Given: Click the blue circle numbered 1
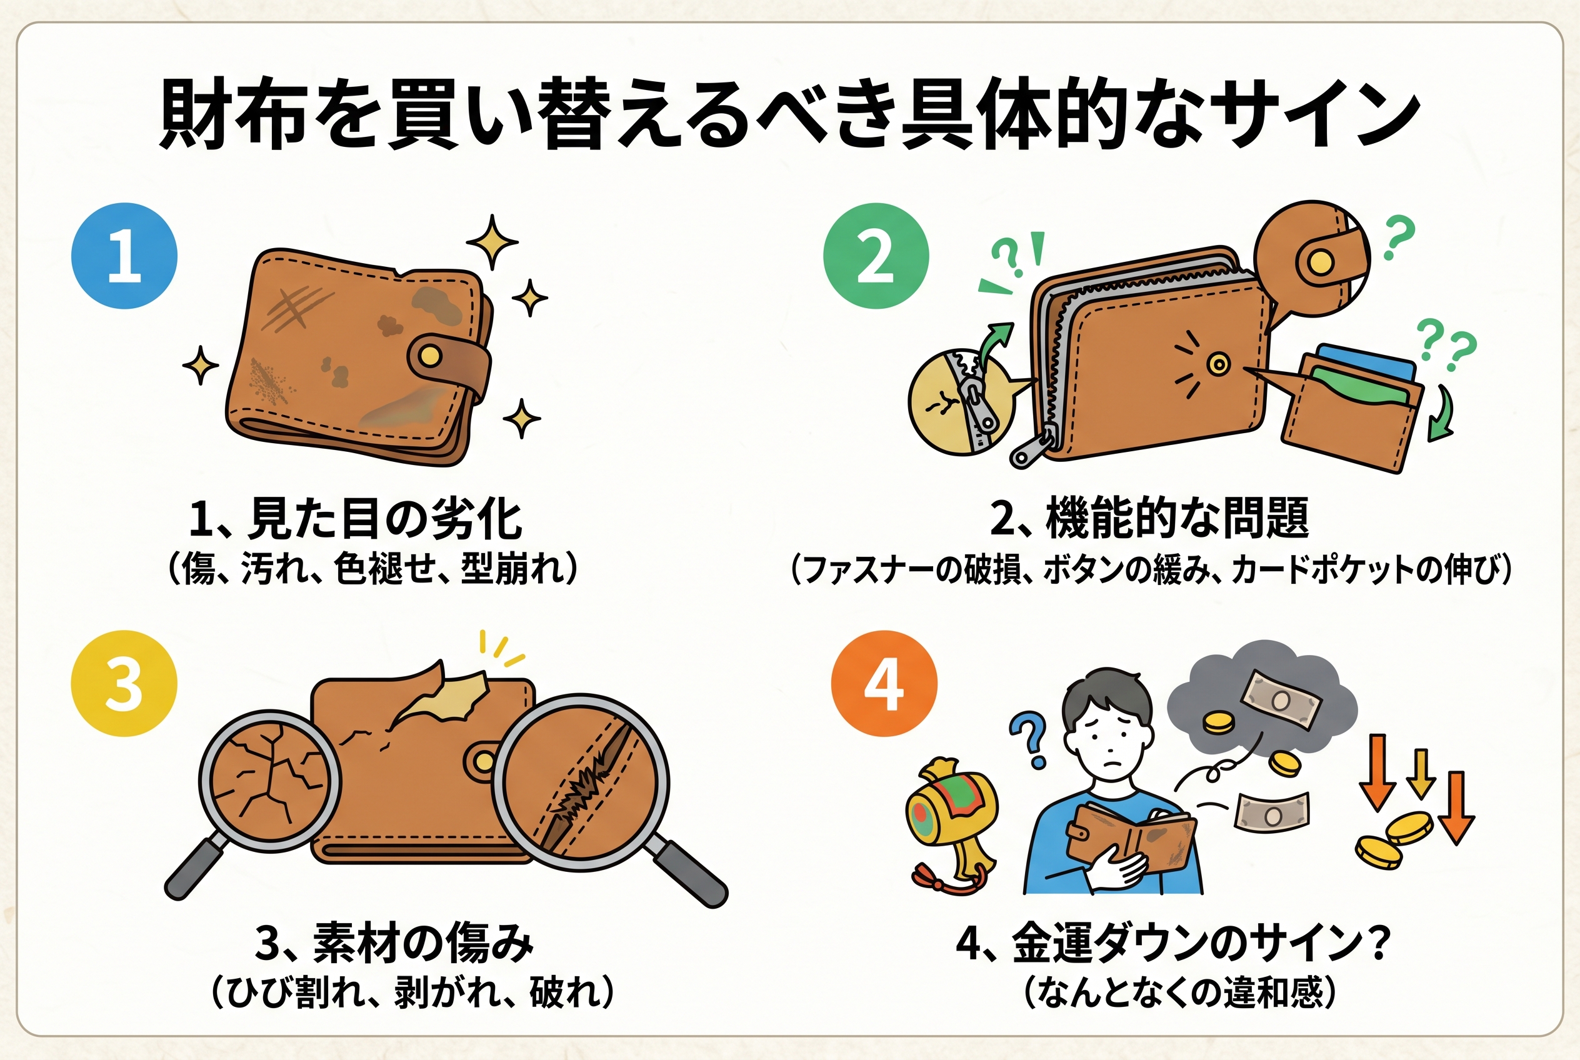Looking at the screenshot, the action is [124, 256].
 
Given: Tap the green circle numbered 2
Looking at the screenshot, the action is [876, 256].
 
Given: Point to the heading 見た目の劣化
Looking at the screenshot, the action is [385, 519].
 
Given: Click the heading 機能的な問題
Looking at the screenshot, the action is [1177, 519].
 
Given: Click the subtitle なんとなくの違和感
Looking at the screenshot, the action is [1180, 992].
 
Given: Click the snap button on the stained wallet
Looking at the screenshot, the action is [428, 355].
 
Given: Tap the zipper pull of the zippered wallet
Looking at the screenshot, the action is [1032, 449].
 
